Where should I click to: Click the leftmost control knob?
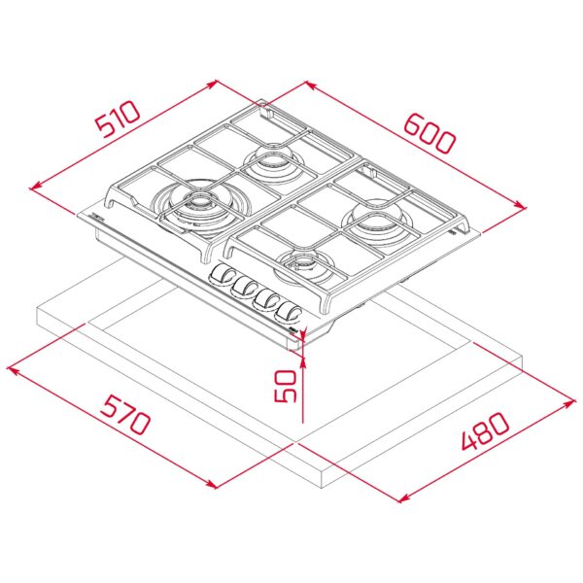223,276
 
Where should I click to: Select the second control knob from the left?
244,288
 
